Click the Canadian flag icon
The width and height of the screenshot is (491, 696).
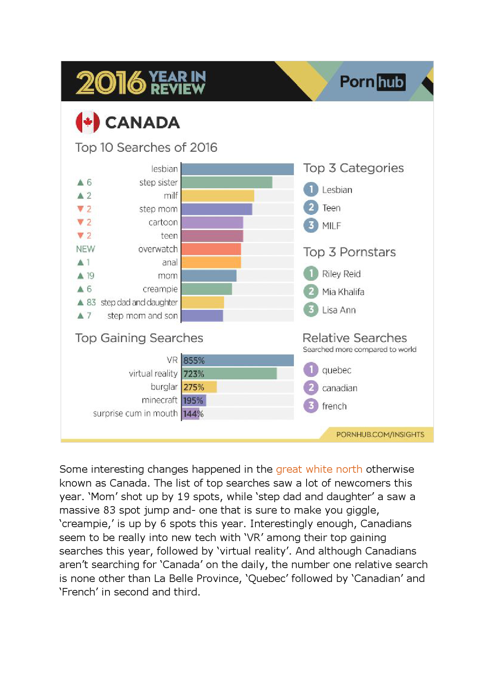coord(88,122)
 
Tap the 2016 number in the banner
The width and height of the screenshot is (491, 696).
coord(111,83)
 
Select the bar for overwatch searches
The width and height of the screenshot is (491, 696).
coord(211,249)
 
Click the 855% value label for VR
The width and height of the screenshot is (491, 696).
coord(194,360)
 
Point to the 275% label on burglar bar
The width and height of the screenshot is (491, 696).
coord(194,387)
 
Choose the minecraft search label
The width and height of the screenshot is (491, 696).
coord(159,400)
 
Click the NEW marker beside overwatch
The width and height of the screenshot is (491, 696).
coord(86,249)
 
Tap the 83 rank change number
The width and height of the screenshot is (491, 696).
coord(91,302)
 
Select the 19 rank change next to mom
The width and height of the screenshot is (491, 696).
coord(90,276)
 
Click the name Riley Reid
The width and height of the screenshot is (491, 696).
coord(341,274)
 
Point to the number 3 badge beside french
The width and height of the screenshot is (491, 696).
coord(311,406)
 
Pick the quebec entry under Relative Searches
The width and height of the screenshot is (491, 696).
coord(336,370)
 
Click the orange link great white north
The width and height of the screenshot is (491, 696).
coord(319,469)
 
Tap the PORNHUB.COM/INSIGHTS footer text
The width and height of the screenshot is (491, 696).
coord(380,435)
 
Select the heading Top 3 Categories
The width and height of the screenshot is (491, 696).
coord(353,168)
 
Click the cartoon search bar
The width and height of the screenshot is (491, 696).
coord(212,222)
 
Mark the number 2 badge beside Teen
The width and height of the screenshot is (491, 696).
coord(311,207)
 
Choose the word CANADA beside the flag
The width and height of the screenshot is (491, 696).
coord(142,123)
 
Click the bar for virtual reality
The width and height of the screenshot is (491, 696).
coord(229,373)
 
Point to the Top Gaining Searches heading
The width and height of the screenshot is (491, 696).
coord(139,338)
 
